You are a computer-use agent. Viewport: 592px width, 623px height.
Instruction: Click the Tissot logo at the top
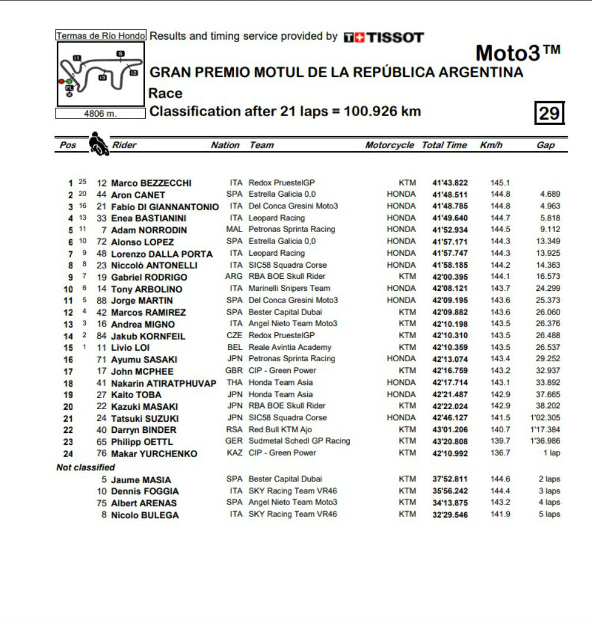pos(384,37)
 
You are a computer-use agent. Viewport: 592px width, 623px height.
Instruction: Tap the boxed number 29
pos(549,113)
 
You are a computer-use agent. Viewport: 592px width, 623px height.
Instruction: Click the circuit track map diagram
pos(100,74)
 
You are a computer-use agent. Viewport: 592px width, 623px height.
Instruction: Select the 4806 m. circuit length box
pos(100,114)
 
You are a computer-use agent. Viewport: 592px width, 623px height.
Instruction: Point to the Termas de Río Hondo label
pos(100,36)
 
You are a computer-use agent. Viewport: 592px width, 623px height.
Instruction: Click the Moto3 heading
pos(517,53)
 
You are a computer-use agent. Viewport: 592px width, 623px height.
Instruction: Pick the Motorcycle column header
pos(390,145)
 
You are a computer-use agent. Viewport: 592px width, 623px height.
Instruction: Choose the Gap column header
pos(545,145)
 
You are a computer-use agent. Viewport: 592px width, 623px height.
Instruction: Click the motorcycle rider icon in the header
pos(98,144)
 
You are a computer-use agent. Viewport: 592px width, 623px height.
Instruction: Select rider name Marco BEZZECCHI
pos(151,183)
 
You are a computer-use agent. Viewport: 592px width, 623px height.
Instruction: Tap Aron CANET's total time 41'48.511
pos(451,194)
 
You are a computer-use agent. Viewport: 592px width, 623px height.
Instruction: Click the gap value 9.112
pos(549,229)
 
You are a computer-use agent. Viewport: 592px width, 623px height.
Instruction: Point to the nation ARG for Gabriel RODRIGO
pos(234,277)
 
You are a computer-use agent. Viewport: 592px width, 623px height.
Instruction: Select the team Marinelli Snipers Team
pos(289,288)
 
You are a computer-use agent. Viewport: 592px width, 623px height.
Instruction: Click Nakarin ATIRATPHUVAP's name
pos(164,383)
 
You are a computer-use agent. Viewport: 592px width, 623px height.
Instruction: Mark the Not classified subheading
pos(85,467)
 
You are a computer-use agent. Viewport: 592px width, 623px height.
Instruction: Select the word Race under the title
pos(166,93)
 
